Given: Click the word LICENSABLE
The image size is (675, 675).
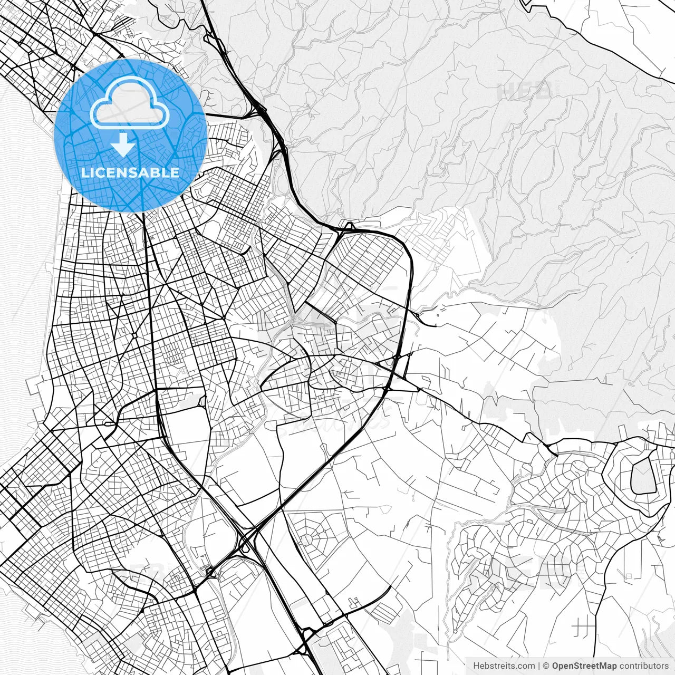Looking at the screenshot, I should pyautogui.click(x=130, y=172).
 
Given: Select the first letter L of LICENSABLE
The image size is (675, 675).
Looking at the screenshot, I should pyautogui.click(x=85, y=172).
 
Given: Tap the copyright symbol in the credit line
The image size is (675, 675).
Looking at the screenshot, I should pyautogui.click(x=546, y=666).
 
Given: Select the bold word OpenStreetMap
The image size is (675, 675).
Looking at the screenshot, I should pyautogui.click(x=584, y=666).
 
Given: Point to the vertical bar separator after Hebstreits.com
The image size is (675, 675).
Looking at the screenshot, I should pyautogui.click(x=539, y=666).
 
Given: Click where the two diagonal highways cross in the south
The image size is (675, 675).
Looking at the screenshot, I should pyautogui.click(x=248, y=538).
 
